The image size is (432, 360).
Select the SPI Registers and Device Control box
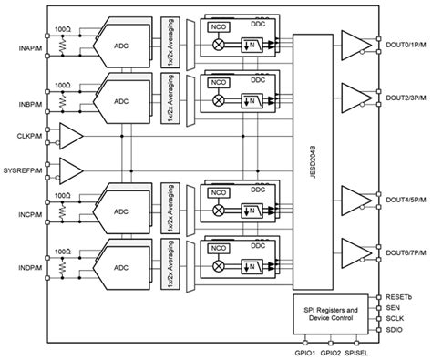point(334,315)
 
